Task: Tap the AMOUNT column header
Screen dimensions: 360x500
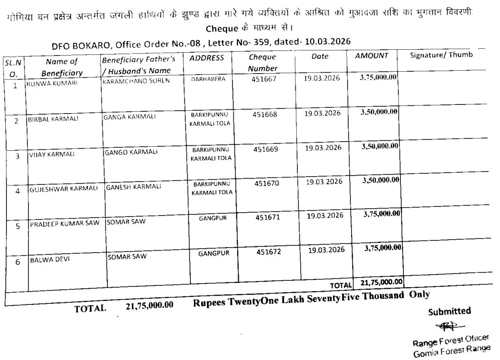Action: [x=371, y=56]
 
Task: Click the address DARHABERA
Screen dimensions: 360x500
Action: [x=208, y=79]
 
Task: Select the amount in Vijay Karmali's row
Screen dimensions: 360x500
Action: [x=380, y=146]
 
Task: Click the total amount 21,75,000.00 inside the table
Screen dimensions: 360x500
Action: [x=381, y=281]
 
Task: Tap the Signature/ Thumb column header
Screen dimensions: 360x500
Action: [x=441, y=55]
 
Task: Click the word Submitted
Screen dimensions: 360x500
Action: [x=449, y=311]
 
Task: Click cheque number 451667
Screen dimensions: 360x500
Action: [x=264, y=79]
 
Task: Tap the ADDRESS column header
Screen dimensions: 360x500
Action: [x=207, y=58]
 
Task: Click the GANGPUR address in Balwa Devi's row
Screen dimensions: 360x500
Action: [x=214, y=253]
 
